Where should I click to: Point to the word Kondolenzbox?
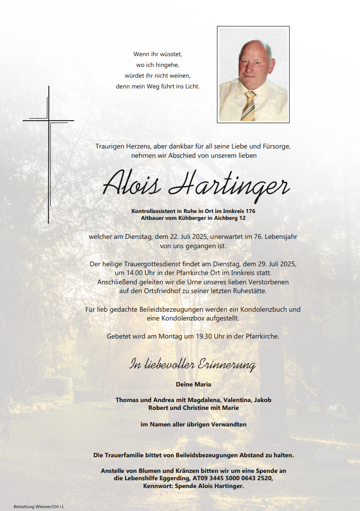179,319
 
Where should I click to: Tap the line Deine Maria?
193,384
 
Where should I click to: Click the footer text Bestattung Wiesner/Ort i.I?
39,506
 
